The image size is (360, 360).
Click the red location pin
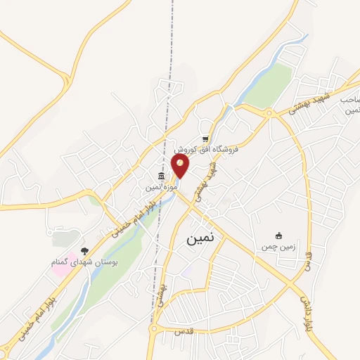(x=181, y=167)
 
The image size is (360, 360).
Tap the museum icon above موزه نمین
(x=162, y=176)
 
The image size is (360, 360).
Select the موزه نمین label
(x=160, y=188)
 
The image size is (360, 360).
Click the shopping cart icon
(x=205, y=139)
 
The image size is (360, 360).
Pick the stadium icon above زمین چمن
(x=280, y=236)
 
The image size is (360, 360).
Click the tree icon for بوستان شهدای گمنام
(x=85, y=250)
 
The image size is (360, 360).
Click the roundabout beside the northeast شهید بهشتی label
(x=268, y=112)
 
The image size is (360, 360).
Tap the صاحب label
(x=350, y=100)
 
